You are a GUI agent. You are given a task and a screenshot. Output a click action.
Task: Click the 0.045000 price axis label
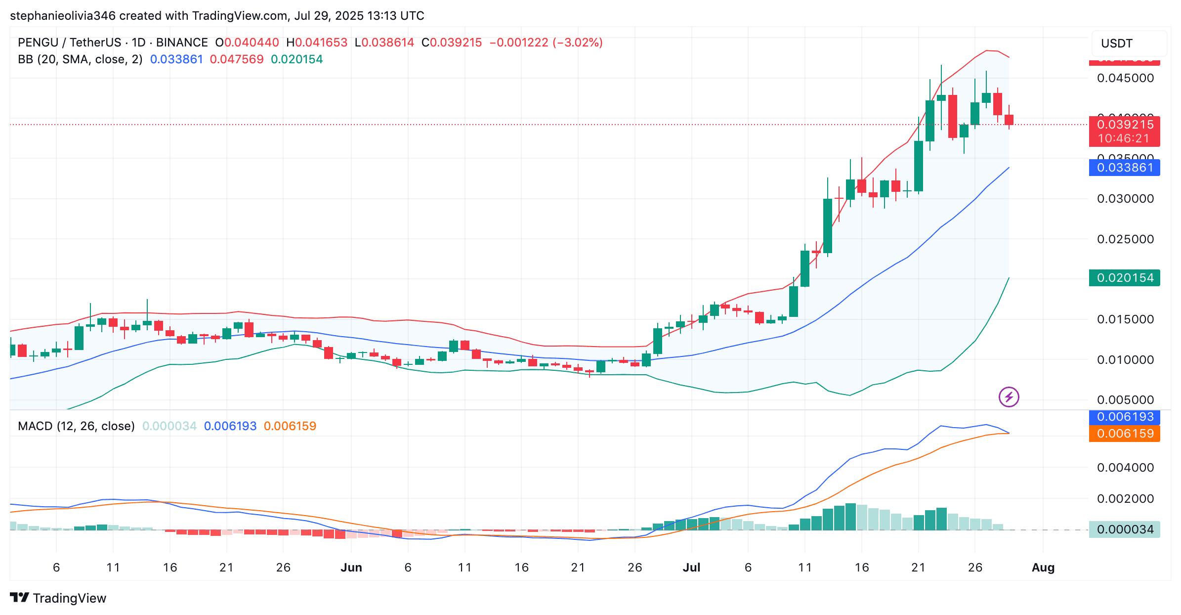tap(1125, 78)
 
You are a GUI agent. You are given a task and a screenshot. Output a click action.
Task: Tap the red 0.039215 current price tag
tap(1124, 125)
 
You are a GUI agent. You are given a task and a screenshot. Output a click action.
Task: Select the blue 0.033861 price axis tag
tap(1124, 168)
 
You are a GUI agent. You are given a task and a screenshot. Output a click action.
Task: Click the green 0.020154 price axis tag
tap(1124, 278)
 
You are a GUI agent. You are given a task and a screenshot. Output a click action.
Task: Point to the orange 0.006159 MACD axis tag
tap(1124, 434)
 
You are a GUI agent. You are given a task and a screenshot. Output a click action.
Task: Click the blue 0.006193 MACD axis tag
tap(1124, 417)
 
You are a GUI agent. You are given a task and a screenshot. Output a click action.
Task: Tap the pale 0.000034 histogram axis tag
tap(1124, 529)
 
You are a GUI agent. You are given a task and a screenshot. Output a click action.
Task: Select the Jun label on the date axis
tap(351, 568)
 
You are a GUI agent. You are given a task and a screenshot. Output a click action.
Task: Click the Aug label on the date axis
tap(1043, 568)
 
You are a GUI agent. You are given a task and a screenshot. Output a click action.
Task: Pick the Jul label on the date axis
tap(691, 568)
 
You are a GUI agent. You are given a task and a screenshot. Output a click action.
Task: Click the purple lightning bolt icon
tap(1009, 397)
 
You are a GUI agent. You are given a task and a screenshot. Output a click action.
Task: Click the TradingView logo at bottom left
tap(58, 598)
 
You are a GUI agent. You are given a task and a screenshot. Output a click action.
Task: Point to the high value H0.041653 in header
tap(317, 43)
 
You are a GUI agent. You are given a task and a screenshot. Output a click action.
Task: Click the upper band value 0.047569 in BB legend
tap(237, 59)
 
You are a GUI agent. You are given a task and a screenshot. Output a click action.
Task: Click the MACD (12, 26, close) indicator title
tap(76, 426)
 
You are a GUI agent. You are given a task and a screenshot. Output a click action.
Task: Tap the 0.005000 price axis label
tap(1125, 399)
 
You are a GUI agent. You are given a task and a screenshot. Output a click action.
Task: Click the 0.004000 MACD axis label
tap(1125, 467)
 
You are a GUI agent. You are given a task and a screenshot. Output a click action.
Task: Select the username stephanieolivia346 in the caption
tap(63, 16)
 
